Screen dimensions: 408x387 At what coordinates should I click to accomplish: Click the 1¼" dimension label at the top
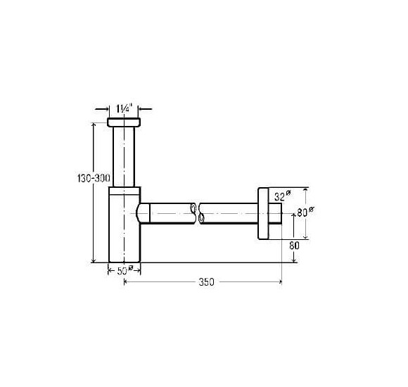[124, 108]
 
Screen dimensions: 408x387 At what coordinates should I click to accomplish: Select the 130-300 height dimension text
[94, 178]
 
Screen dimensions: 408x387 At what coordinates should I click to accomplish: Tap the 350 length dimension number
[206, 282]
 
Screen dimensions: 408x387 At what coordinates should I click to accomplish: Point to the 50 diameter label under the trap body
[125, 271]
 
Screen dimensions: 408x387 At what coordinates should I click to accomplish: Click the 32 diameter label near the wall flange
[282, 196]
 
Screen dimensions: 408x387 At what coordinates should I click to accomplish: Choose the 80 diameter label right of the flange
[305, 212]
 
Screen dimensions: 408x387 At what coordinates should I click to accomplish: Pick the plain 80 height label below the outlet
[294, 246]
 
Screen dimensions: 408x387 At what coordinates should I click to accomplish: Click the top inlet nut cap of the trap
[124, 122]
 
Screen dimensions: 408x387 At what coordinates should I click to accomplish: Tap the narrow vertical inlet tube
[124, 157]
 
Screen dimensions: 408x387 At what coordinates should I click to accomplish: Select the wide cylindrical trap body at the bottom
[125, 228]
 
